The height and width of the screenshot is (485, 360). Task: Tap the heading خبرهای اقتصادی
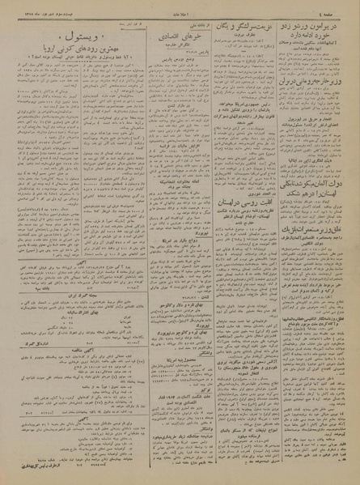(x=165, y=38)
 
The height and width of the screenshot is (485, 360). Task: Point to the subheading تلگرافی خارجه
(x=165, y=48)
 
